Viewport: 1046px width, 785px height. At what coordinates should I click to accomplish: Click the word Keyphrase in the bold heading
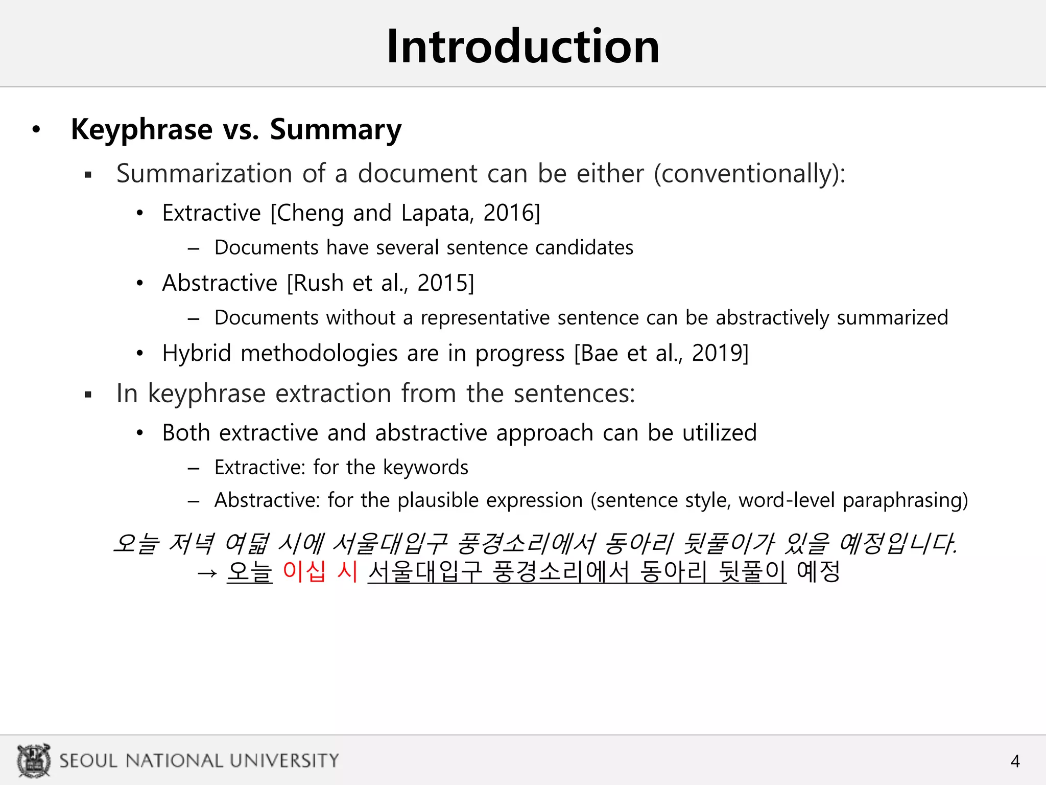pos(141,129)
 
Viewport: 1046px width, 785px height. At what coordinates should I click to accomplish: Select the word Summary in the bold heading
pos(336,129)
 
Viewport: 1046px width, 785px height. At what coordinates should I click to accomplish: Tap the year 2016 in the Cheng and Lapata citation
pos(508,213)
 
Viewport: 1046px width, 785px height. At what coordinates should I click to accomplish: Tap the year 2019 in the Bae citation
pos(717,353)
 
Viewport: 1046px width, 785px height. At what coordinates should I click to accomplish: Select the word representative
pos(485,317)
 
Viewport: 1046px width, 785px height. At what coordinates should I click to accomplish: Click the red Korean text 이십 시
pos(320,571)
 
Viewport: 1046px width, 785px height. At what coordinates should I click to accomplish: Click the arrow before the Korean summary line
pos(207,572)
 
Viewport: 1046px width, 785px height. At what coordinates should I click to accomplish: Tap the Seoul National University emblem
pos(34,760)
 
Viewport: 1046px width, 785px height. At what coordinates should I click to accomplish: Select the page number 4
pos(1015,761)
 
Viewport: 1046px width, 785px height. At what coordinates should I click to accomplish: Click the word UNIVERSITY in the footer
pos(284,760)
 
